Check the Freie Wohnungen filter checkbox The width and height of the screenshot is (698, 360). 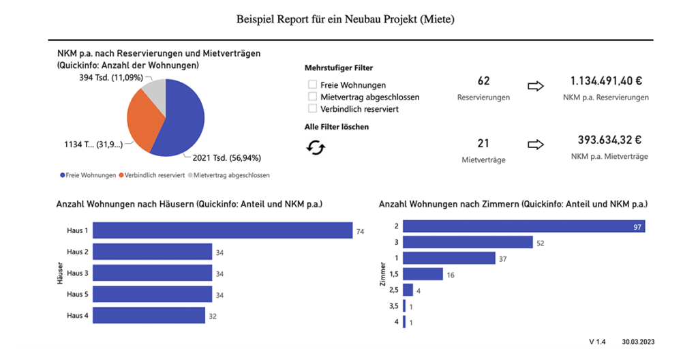click(x=313, y=85)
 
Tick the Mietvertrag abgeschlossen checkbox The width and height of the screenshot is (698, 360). click(x=313, y=97)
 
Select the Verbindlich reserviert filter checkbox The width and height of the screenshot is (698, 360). click(x=313, y=108)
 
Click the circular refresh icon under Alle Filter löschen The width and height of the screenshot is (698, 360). click(x=315, y=147)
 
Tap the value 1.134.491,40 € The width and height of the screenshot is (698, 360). click(x=606, y=81)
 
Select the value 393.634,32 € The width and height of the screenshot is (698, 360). click(x=606, y=140)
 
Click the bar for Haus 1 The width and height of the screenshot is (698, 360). click(x=222, y=230)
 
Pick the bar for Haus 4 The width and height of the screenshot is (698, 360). click(x=149, y=315)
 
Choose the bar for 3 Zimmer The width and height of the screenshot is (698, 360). click(x=468, y=242)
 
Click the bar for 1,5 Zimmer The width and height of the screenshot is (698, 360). click(x=423, y=274)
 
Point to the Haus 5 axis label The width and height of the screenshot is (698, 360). click(x=77, y=294)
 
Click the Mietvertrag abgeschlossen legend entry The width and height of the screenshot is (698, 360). click(x=231, y=175)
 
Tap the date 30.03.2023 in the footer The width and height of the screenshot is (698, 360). click(x=637, y=341)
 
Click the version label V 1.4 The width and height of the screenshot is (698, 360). click(x=597, y=341)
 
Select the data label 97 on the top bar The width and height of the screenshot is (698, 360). click(x=638, y=226)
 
